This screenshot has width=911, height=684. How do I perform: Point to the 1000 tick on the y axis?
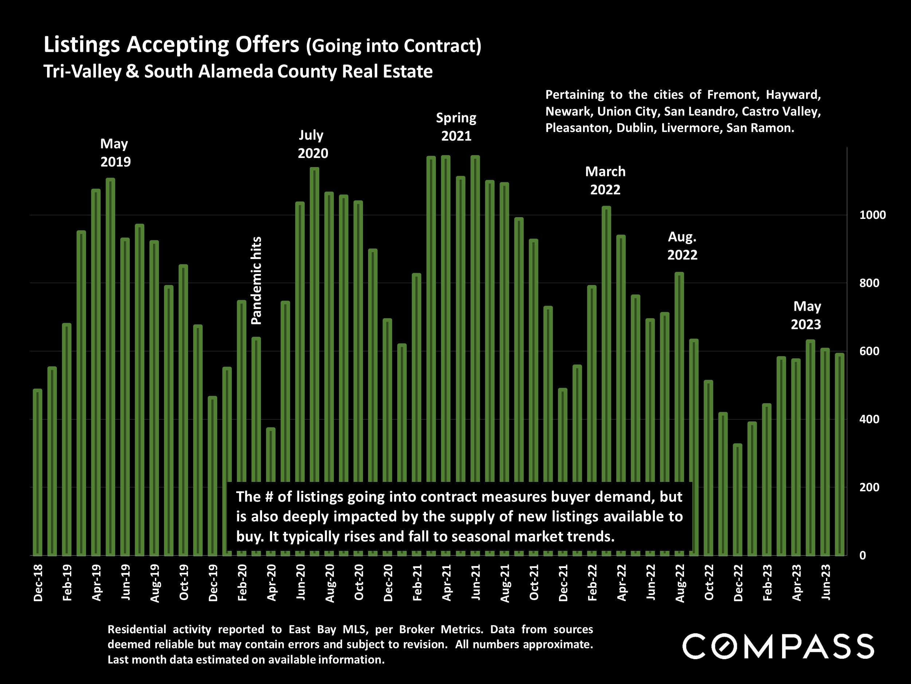tap(872, 215)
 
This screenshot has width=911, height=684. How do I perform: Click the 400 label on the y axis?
tap(869, 419)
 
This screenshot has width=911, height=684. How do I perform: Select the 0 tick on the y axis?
tap(863, 555)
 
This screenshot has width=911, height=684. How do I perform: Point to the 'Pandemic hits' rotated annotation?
tap(256, 281)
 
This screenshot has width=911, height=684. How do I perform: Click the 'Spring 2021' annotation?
tap(456, 127)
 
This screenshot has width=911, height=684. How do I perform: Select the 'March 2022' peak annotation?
tap(605, 180)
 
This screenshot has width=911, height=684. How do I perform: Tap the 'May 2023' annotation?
tap(806, 316)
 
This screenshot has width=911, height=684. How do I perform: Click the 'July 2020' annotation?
tap(313, 144)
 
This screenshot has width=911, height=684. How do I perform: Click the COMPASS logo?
tap(778, 646)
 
